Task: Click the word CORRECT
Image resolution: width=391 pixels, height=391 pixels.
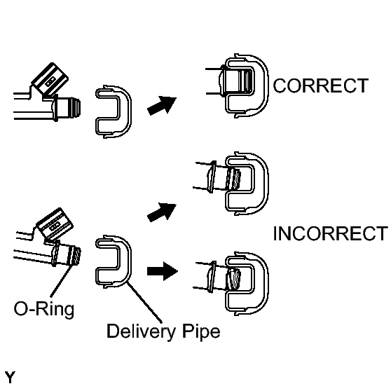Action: (x=321, y=85)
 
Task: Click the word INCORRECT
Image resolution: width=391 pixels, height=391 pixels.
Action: (x=331, y=233)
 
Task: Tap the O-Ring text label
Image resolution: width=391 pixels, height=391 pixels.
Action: (x=44, y=309)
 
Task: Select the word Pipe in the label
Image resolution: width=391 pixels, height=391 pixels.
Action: (x=201, y=331)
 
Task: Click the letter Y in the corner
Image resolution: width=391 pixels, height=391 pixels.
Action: (x=10, y=378)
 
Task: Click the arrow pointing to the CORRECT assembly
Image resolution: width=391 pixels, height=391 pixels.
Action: (x=162, y=105)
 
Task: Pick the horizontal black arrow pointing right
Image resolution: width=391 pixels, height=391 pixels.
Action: (x=163, y=271)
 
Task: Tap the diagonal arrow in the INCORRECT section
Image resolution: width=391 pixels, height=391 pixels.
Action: (x=162, y=212)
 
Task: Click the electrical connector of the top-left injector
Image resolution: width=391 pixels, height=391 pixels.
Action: (x=50, y=79)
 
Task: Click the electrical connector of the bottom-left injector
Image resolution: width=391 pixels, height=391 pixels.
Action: (x=55, y=224)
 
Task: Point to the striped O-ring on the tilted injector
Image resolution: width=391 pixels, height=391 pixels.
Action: (x=74, y=255)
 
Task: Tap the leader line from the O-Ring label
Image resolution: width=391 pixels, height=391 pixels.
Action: (x=62, y=281)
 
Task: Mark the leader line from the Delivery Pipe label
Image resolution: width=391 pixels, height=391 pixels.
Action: (x=144, y=302)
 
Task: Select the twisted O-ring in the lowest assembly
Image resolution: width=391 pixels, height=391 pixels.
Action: (x=233, y=279)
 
